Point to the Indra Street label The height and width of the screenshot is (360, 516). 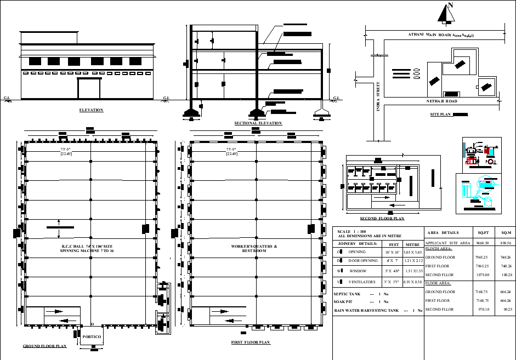point(378,98)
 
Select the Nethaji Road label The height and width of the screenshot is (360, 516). point(442,101)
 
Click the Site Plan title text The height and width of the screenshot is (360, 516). point(440,115)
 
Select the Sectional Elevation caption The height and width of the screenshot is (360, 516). point(258,123)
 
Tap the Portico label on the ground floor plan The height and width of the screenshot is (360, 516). point(92,336)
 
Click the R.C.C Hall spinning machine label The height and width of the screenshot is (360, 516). point(88,249)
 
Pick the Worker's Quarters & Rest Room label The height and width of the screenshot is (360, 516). point(254,249)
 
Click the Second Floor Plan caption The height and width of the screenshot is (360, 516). point(382,218)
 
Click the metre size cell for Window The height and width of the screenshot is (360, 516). point(412,271)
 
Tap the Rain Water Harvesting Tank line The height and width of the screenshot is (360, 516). point(378,311)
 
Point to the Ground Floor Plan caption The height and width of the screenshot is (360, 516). point(44,346)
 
